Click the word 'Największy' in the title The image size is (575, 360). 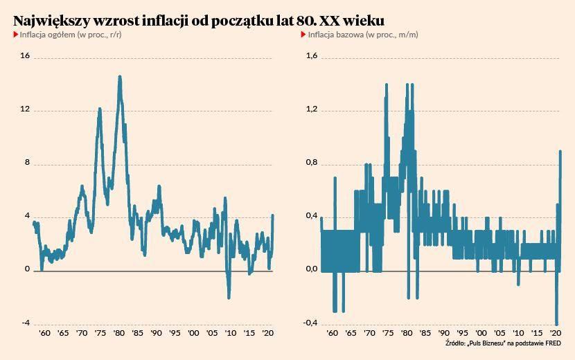51,20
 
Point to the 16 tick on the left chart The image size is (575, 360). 26,56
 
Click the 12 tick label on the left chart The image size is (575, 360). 26,109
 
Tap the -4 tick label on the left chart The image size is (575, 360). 26,323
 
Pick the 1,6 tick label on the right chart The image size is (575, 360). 312,56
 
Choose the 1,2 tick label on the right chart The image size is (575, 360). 312,109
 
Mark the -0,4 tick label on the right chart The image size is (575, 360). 311,323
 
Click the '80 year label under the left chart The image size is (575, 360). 119,333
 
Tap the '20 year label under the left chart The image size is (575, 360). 267,333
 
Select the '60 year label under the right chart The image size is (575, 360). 332,333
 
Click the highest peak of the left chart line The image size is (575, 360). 120,77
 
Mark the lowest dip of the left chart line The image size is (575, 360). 229,298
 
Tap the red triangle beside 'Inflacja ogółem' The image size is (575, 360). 16,34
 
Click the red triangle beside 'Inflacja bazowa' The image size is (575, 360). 303,34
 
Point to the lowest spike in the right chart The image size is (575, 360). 556,323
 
